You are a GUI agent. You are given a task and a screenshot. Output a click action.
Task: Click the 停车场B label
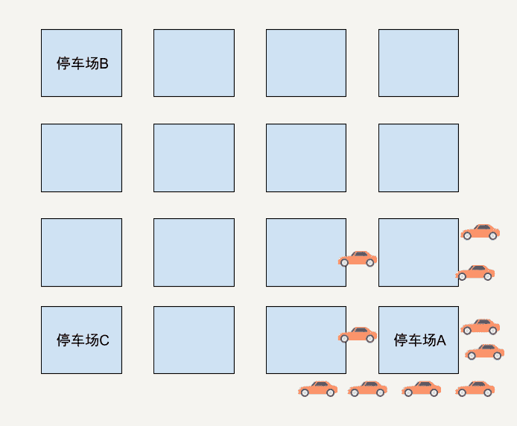click(82, 63)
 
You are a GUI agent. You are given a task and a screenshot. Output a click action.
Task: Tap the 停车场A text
click(419, 340)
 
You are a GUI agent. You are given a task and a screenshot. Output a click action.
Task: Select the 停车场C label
click(82, 340)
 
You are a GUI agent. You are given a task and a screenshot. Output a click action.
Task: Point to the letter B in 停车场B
click(104, 63)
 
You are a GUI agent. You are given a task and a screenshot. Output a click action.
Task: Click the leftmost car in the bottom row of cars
click(318, 389)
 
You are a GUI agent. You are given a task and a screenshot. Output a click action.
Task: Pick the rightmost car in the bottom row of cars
click(475, 389)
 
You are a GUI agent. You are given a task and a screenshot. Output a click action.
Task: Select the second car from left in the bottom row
click(367, 389)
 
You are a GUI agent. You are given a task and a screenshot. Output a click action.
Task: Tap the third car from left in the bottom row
click(421, 389)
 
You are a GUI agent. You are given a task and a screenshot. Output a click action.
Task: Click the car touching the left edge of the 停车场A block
click(358, 334)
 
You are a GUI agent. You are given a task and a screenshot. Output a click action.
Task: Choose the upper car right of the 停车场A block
click(480, 327)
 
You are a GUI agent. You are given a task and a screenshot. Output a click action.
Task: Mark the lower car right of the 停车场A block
click(485, 352)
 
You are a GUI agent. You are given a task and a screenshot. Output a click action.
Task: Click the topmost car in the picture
click(480, 232)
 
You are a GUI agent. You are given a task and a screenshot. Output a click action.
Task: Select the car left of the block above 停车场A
click(358, 258)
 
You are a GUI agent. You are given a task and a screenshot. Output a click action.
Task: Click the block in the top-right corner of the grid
click(418, 63)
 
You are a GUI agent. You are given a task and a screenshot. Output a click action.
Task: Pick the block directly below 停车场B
click(81, 157)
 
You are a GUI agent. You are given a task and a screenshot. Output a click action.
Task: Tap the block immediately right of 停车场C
click(194, 340)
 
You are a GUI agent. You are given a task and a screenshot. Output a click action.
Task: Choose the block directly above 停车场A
click(418, 252)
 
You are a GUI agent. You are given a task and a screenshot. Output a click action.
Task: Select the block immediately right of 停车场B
click(194, 63)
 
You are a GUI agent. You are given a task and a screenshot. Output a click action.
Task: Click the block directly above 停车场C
click(81, 252)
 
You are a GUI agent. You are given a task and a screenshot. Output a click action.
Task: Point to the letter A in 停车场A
click(440, 340)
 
